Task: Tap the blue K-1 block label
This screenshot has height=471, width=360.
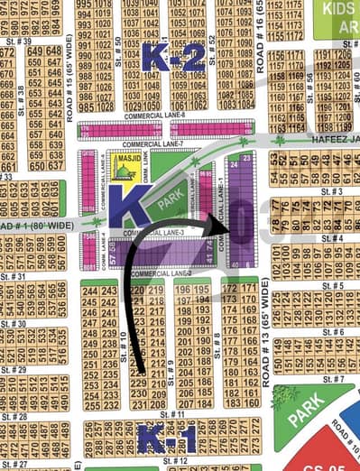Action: (165, 439)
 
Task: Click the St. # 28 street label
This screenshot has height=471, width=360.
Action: (15, 417)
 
